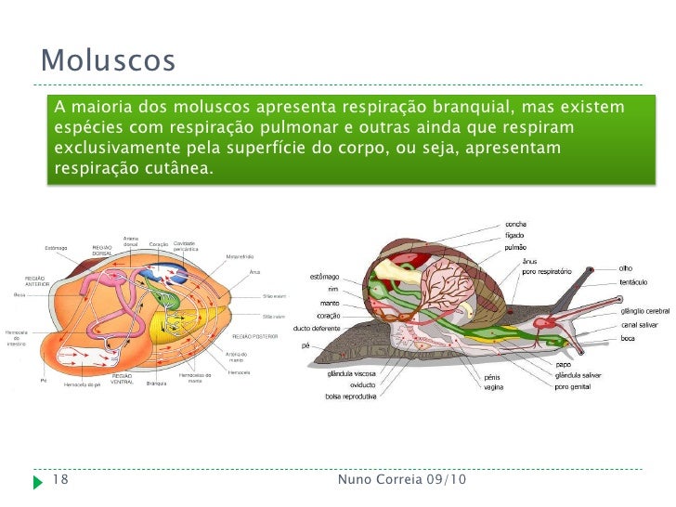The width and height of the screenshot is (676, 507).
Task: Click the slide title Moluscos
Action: click(108, 61)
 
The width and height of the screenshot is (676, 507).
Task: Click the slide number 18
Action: click(61, 480)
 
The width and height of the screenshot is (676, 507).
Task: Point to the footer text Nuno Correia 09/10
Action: click(402, 480)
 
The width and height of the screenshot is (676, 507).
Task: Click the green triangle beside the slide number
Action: click(37, 481)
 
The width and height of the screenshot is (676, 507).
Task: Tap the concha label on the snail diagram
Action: click(516, 224)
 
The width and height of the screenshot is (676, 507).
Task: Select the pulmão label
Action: click(515, 247)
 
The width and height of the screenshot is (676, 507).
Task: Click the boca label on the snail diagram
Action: click(629, 338)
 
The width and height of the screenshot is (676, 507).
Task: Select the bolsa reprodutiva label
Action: click(351, 396)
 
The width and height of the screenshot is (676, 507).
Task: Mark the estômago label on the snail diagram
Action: click(324, 276)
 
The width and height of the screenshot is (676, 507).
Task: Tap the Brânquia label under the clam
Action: click(155, 383)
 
